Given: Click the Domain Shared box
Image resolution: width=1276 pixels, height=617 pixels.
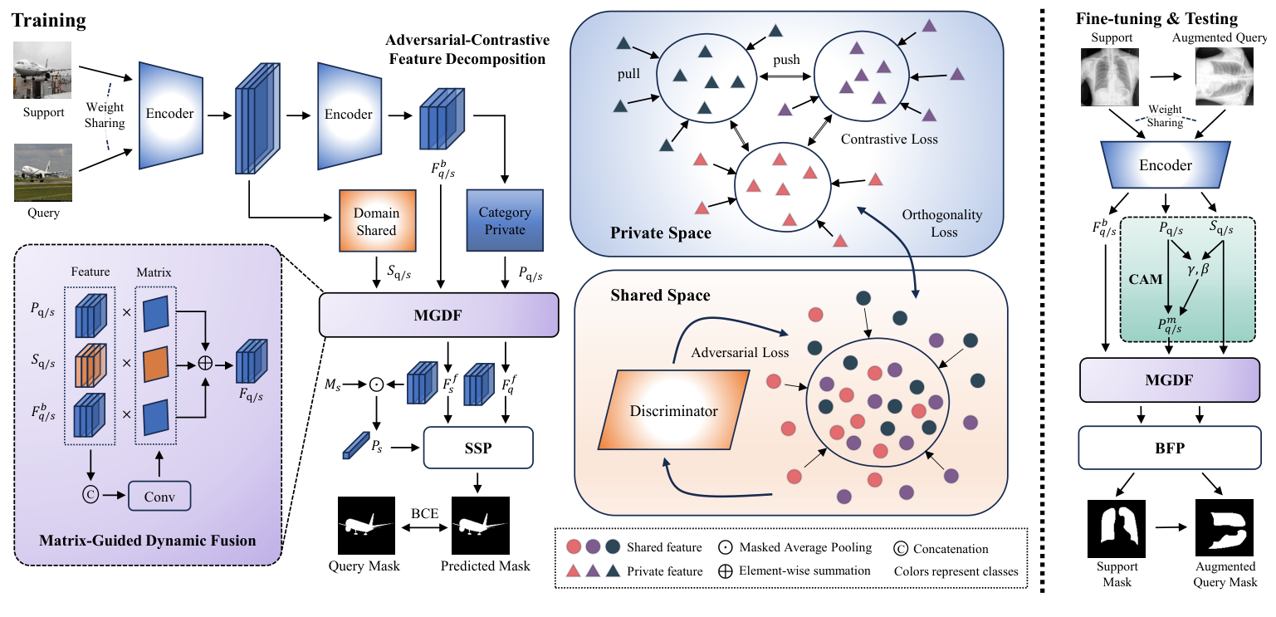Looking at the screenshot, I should tap(376, 222).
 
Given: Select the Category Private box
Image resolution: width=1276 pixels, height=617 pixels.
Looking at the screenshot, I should tap(504, 221).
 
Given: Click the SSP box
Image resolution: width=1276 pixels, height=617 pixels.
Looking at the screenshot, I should tap(477, 448).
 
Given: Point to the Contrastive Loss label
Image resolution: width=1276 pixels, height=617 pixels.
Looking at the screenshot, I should tap(889, 139).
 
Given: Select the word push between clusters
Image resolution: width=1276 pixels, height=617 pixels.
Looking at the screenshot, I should tap(786, 61).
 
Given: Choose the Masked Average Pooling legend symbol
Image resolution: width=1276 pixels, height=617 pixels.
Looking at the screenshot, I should tap(719, 548).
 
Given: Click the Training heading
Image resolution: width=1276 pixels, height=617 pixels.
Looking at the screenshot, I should tap(47, 17).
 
